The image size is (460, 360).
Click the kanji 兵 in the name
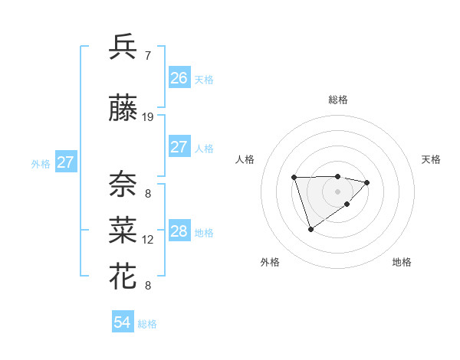123,47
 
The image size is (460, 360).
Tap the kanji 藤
123,110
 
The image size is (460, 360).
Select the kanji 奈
123,185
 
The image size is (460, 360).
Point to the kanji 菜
123,231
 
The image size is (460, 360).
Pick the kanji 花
123,277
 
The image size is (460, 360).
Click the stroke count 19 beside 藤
148,117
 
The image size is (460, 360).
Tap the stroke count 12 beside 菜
148,240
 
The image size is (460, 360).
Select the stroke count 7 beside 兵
148,55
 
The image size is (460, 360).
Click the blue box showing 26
179,78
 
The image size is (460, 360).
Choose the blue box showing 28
179,231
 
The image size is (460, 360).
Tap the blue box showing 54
122,322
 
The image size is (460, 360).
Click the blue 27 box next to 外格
65,162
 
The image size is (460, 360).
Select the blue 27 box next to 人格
179,147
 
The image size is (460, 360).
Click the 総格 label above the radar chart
337,100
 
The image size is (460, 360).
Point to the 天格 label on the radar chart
431,159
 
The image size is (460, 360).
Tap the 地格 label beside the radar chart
402,262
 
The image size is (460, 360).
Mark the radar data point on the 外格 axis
310,229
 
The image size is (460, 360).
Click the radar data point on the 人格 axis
294,177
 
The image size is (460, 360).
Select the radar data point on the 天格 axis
367,182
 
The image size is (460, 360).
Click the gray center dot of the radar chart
337,191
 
